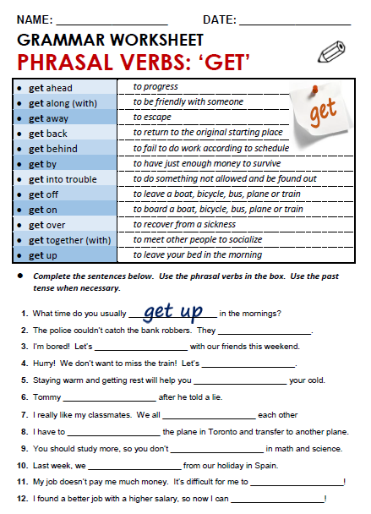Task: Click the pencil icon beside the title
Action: point(331,52)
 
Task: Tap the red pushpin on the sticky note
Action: point(315,89)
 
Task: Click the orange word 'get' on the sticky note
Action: point(323,112)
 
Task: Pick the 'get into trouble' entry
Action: point(63,179)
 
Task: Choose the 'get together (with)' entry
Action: point(69,240)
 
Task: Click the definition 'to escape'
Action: point(152,117)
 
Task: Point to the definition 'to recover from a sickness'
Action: point(184,224)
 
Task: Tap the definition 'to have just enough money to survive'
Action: point(207,163)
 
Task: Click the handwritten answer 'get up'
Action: point(173,311)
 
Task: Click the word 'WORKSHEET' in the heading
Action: point(156,40)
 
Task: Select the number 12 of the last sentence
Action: point(23,499)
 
